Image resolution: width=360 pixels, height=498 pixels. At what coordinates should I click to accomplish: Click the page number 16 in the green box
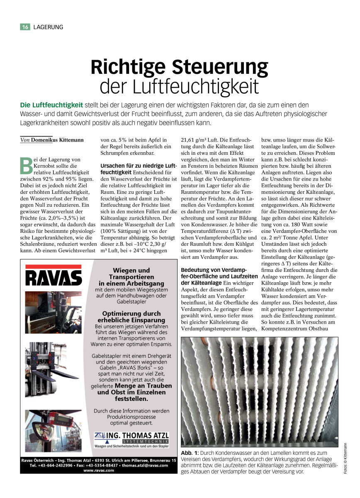tap(25, 27)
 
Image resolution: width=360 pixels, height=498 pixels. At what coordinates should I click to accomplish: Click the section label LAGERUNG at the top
tap(48, 27)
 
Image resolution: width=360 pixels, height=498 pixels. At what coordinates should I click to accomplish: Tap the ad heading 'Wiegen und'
tap(131, 271)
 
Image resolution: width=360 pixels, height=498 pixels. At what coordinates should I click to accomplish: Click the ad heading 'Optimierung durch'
tap(131, 314)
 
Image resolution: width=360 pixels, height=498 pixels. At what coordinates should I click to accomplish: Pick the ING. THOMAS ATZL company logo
tap(131, 438)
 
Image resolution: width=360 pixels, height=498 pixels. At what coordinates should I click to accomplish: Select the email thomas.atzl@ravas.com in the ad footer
tap(146, 465)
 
